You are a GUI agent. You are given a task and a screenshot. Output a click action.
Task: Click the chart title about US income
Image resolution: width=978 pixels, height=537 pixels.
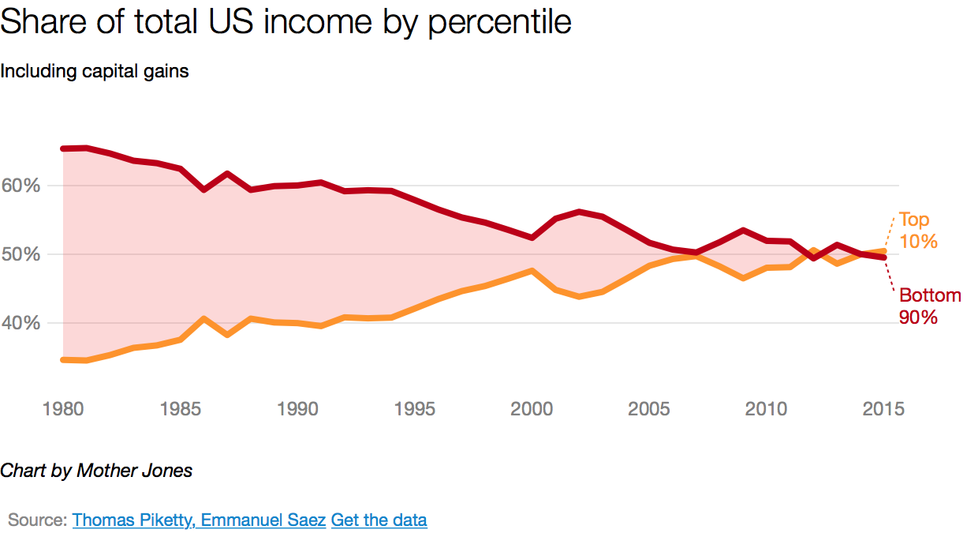286,22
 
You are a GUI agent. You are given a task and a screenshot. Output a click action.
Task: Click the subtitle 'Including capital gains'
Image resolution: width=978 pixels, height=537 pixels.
95,71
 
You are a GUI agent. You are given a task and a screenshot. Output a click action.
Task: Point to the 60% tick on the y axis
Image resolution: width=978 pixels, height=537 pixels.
21,186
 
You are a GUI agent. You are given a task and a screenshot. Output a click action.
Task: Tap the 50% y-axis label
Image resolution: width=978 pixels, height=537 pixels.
21,254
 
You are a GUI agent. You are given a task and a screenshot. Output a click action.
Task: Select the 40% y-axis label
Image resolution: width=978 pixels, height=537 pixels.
21,323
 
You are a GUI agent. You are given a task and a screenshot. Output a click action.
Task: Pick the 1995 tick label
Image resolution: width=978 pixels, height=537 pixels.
415,409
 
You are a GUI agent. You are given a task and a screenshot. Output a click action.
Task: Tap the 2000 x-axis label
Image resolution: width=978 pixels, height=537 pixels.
532,409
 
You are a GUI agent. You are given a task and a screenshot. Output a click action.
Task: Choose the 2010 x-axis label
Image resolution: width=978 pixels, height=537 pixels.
767,409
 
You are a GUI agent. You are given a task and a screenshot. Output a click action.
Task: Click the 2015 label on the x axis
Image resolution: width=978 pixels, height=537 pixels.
883,409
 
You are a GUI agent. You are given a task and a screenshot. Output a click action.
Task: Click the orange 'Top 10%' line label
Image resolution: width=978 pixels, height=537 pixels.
917,231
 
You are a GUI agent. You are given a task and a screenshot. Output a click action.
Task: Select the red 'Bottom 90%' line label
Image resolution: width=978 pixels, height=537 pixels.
929,306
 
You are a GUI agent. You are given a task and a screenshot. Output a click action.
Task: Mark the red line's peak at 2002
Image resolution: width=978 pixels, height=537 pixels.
579,212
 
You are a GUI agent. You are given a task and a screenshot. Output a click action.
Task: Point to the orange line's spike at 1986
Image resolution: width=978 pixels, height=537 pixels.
203,319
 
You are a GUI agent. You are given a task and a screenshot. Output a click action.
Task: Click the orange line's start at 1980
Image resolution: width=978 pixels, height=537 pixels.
63,359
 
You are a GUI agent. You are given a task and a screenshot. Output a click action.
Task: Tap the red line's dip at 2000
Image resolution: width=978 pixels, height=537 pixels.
532,237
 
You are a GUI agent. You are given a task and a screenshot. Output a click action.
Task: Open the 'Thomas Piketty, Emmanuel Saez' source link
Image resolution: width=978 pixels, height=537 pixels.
199,520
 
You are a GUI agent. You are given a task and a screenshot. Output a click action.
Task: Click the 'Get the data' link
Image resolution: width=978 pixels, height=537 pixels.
379,520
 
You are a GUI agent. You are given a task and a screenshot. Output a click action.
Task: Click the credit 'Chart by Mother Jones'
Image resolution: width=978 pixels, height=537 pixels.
96,471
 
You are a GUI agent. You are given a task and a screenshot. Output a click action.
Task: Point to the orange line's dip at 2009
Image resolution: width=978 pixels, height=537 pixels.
743,278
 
